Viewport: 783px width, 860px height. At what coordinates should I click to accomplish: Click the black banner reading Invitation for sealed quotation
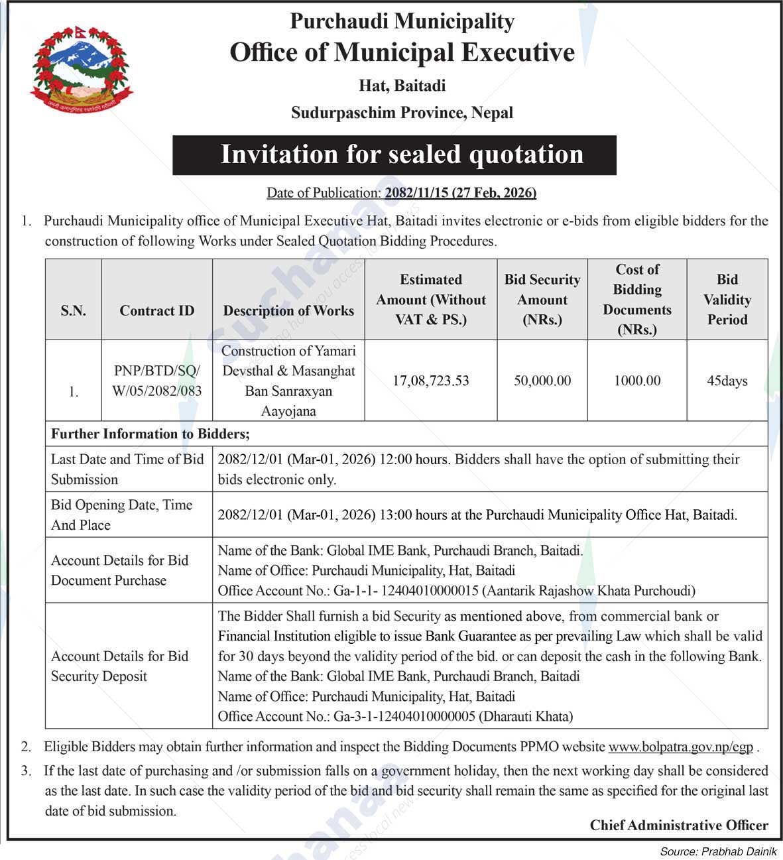point(394,155)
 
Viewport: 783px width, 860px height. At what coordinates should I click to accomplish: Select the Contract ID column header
point(156,310)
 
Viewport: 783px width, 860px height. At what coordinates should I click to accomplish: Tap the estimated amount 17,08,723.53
point(430,381)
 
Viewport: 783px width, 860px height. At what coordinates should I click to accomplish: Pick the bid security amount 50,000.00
point(542,381)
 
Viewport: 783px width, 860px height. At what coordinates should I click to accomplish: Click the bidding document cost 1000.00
point(636,381)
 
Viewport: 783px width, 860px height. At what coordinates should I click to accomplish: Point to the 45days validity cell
point(727,381)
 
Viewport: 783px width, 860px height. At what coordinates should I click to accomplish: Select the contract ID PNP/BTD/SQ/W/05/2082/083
point(156,381)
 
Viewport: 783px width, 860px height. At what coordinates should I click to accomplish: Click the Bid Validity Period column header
point(727,300)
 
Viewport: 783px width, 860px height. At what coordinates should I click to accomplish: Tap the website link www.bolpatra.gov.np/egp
point(680,747)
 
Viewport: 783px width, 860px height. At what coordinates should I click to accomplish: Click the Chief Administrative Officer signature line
point(679,825)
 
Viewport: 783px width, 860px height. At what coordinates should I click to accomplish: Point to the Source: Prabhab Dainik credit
point(718,851)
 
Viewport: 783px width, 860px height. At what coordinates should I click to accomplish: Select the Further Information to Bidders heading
point(151,434)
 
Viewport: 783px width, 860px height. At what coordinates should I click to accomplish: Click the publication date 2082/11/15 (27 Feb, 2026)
point(460,193)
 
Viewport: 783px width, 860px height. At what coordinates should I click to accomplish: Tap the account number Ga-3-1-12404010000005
point(404,716)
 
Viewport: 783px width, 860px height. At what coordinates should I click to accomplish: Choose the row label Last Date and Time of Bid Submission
point(127,469)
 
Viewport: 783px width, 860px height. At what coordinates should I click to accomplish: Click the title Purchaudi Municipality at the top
point(402,21)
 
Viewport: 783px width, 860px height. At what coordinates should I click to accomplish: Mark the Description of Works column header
point(288,310)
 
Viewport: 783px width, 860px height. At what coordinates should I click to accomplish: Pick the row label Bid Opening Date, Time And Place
point(122,515)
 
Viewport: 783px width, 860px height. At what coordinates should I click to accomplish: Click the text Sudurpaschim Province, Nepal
point(402,113)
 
